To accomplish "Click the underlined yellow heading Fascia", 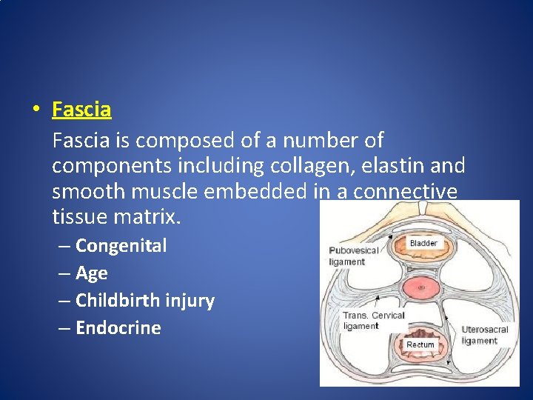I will (81, 110).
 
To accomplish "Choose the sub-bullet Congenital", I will (121, 245).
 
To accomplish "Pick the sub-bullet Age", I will (92, 273).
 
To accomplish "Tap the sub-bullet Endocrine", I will (118, 328).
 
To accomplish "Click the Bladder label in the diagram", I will (423, 243).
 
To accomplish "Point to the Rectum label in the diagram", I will (420, 345).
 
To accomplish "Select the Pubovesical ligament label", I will (353, 256).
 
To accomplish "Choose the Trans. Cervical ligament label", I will (373, 321).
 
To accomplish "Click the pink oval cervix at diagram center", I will (422, 287).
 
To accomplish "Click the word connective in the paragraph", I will (406, 191).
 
